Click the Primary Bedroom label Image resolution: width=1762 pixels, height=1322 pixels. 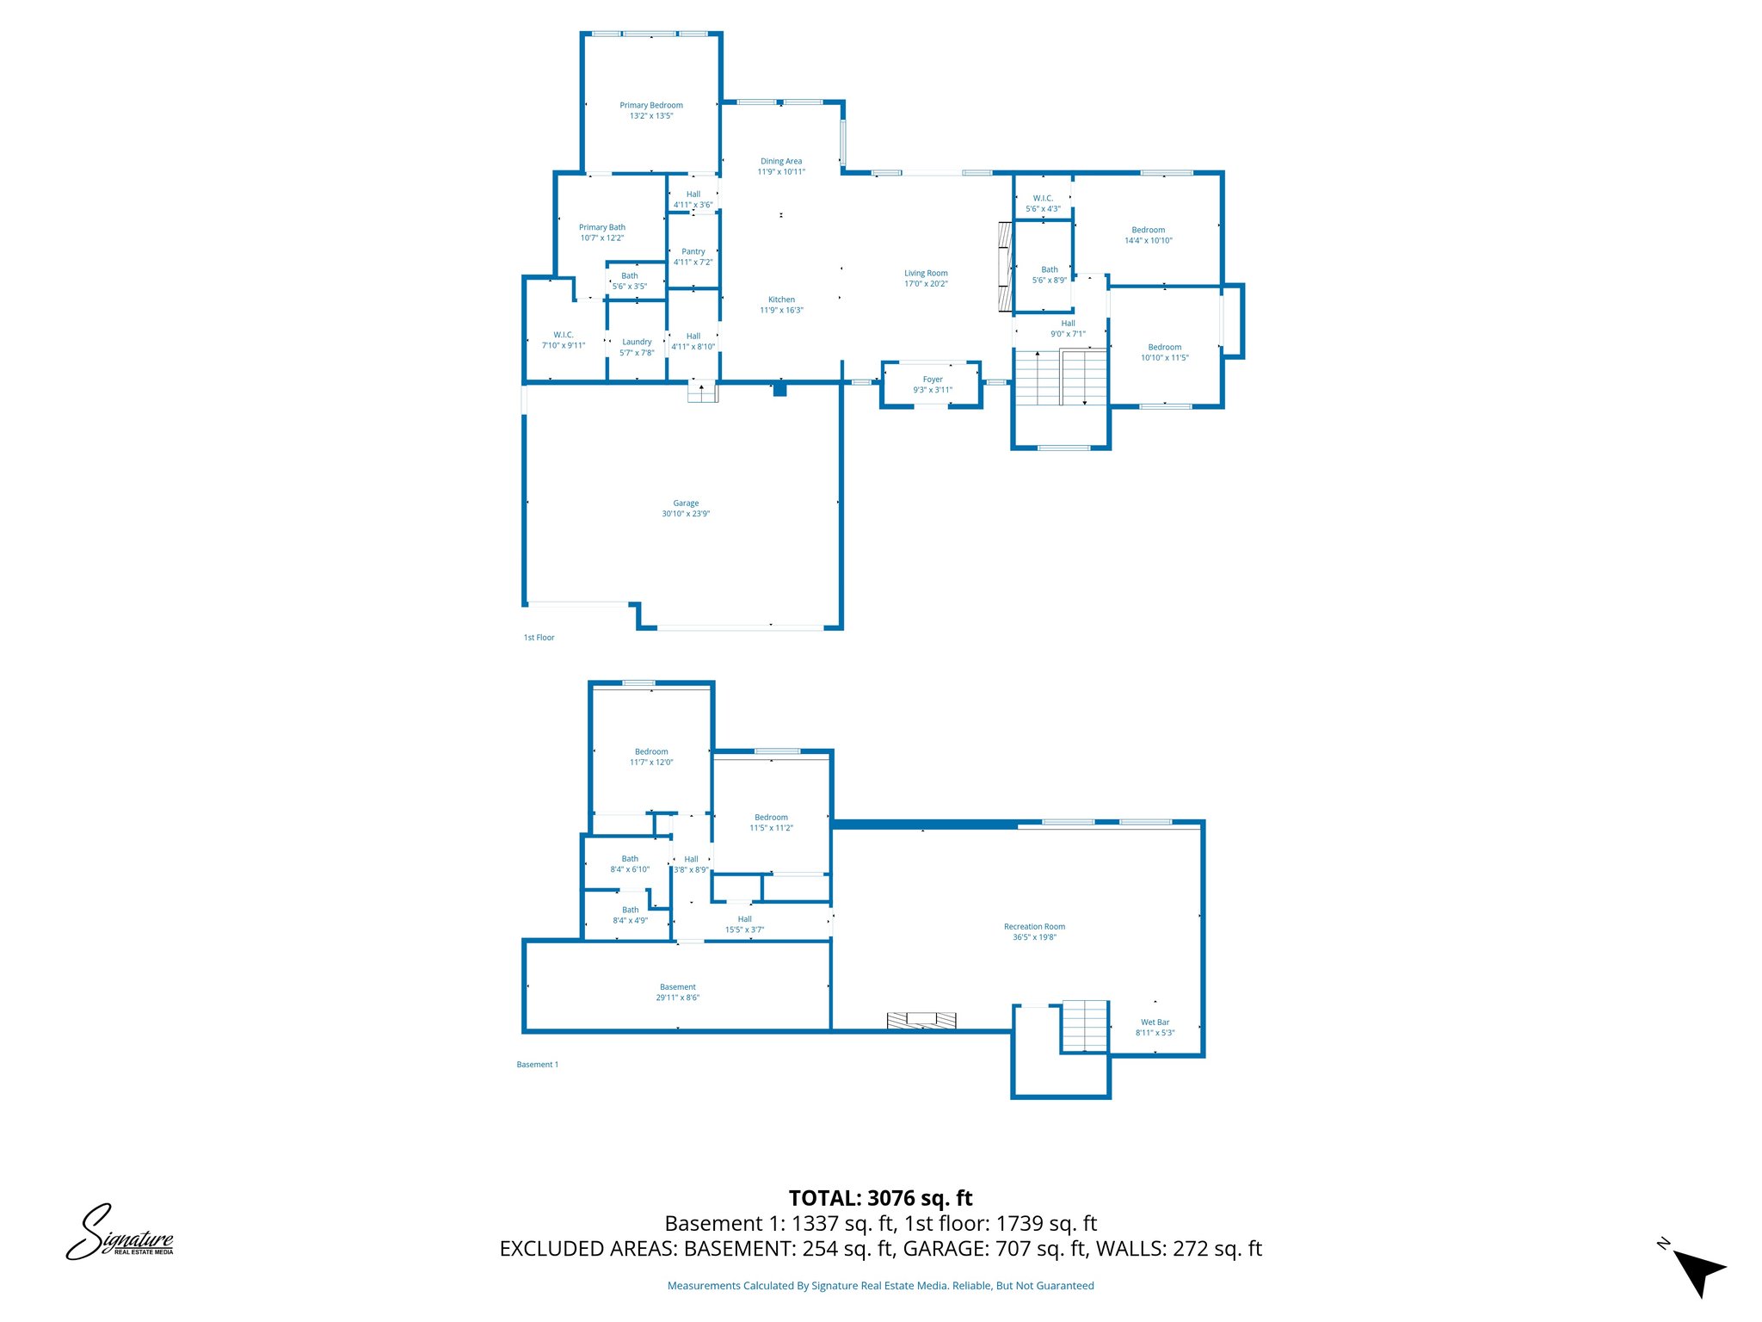[651, 106]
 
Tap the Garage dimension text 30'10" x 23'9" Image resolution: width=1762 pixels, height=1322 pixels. [686, 514]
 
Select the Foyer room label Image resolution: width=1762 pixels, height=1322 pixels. [933, 380]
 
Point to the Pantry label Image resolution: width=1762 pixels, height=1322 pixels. [693, 252]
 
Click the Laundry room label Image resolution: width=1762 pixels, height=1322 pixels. [637, 343]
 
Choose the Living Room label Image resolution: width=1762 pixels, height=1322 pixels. [926, 274]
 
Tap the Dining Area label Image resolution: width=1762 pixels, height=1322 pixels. [781, 162]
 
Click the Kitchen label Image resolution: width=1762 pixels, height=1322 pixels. [781, 300]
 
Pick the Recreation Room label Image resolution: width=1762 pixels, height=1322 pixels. [1034, 927]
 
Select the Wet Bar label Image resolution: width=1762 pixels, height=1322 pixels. [1155, 1022]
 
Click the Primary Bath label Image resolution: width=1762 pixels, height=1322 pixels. [602, 228]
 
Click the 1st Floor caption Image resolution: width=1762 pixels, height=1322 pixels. [539, 638]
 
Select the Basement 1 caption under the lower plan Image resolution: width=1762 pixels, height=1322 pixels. [538, 1065]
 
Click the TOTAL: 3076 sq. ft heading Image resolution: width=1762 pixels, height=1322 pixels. [880, 1198]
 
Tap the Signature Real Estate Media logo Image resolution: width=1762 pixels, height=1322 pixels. [120, 1232]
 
